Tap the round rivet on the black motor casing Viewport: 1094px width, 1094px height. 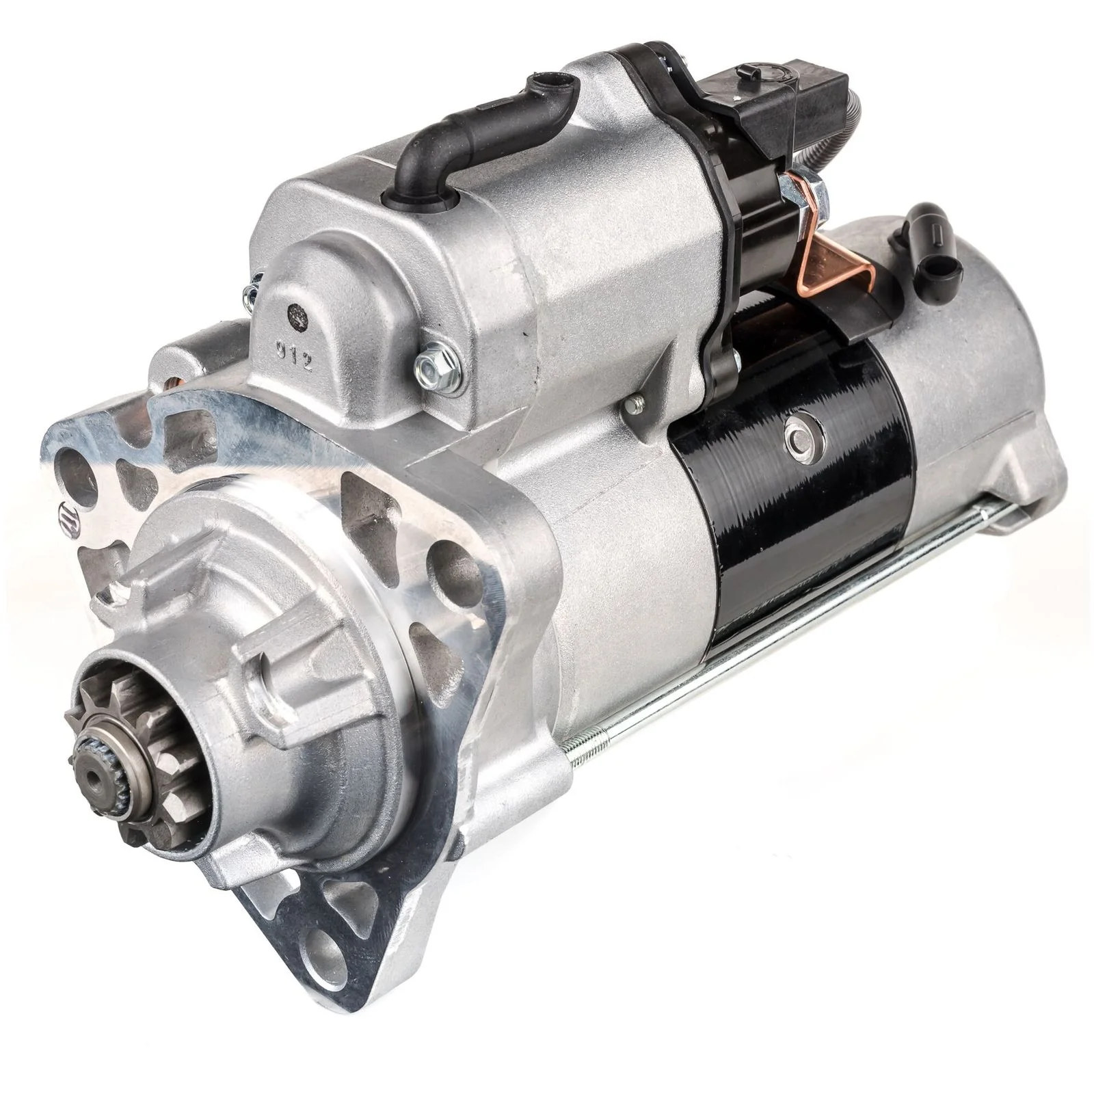(x=798, y=431)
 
